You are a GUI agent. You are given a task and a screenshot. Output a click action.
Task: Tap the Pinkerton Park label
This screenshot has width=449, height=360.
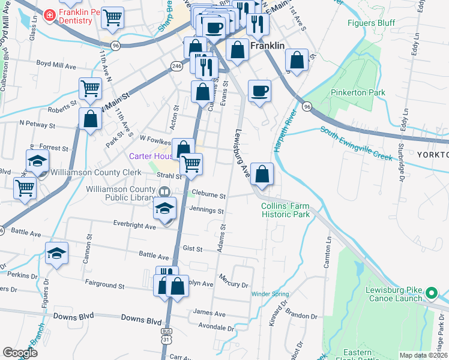[359, 93]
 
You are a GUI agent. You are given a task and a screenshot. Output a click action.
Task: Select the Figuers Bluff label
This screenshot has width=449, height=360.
[371, 23]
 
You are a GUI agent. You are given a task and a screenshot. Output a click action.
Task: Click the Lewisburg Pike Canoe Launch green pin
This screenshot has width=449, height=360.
[431, 294]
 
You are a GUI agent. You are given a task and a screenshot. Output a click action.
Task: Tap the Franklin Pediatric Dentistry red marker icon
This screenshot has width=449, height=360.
[49, 16]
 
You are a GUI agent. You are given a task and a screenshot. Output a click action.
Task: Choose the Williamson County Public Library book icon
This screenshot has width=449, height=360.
[164, 191]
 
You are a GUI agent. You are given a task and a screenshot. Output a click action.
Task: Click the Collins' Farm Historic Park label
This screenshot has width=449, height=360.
[285, 209]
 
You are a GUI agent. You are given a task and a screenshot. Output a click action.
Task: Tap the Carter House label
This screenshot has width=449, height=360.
[150, 156]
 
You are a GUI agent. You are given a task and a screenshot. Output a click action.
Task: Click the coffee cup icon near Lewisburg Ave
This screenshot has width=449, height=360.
[259, 91]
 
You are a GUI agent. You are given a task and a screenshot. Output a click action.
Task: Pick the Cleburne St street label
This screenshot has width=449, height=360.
[208, 196]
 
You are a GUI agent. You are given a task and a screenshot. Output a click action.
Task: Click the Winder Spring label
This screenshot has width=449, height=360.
[270, 294]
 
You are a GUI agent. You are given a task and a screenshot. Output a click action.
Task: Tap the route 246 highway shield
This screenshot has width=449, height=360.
[176, 67]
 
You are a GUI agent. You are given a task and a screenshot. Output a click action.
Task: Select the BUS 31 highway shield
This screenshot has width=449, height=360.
[166, 335]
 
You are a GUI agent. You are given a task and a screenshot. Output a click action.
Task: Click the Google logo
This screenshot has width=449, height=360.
[20, 352]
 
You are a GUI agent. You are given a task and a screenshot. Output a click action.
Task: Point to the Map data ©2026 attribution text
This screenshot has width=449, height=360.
[424, 355]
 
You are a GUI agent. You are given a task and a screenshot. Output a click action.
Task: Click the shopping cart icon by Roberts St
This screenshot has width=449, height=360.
[89, 88]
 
